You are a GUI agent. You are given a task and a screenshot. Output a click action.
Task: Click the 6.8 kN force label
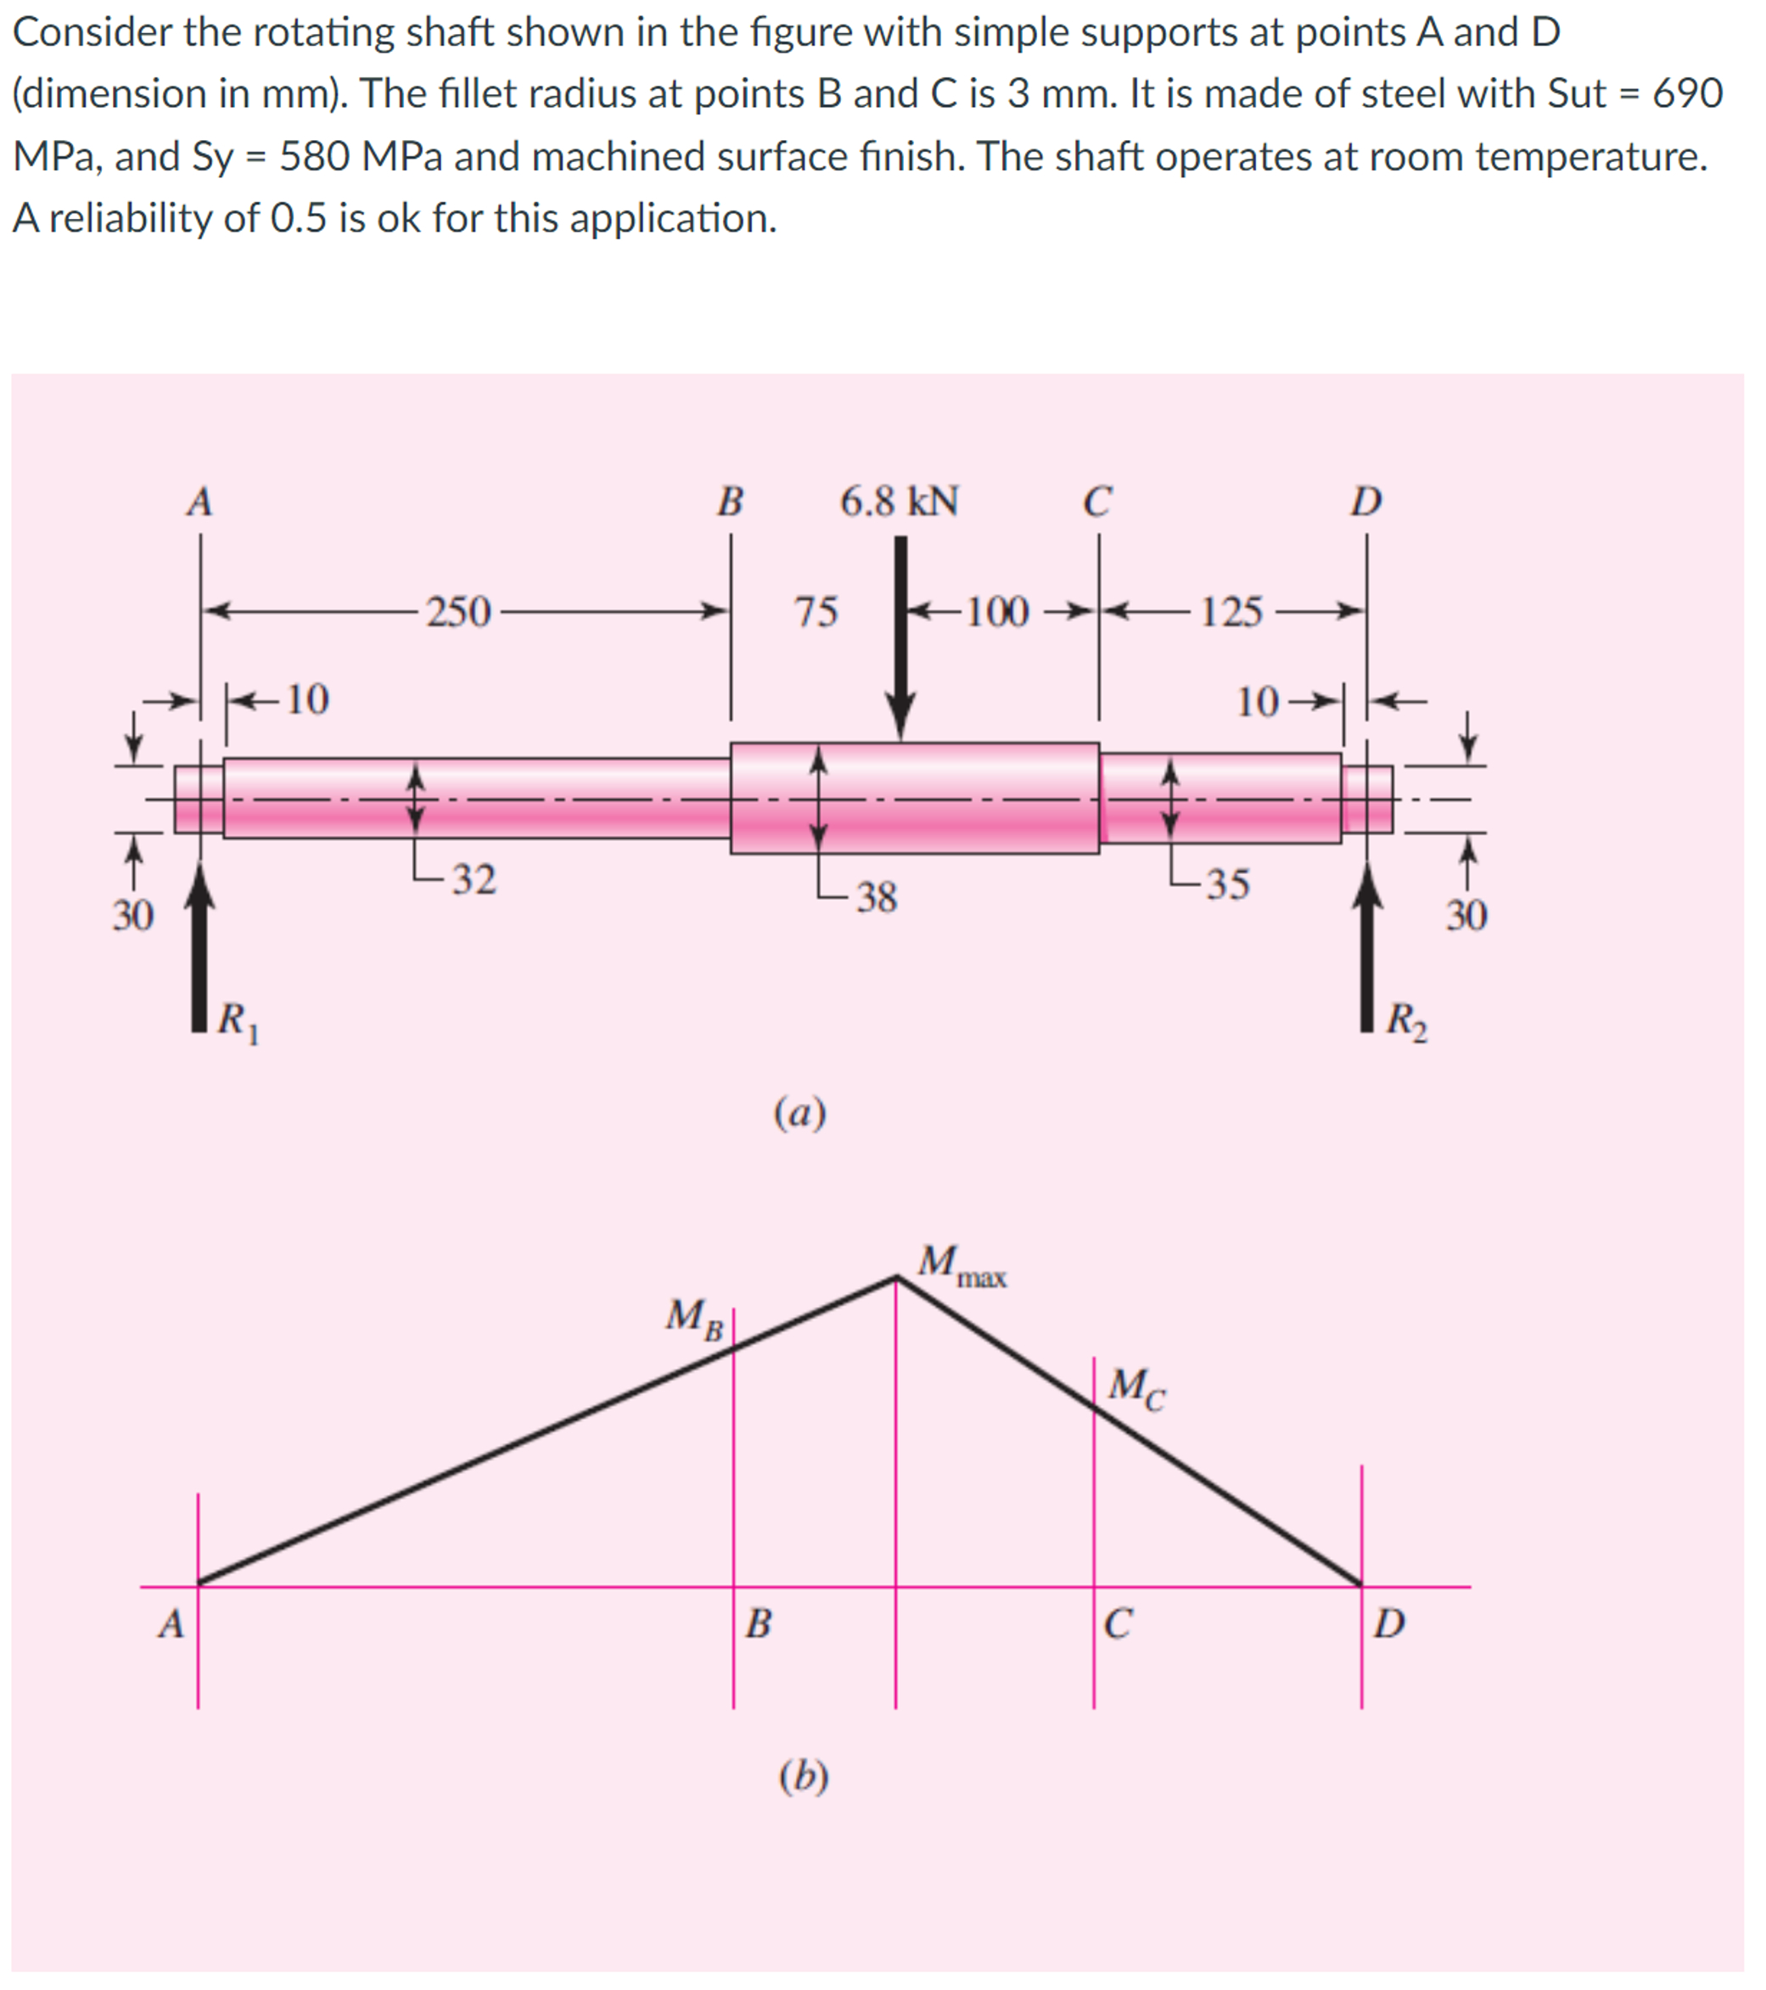900,502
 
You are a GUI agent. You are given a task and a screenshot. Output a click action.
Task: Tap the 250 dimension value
458,613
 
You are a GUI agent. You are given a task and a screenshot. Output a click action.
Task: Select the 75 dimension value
816,613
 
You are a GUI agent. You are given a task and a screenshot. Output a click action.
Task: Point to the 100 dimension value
997,613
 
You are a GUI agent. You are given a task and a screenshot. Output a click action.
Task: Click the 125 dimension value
1231,613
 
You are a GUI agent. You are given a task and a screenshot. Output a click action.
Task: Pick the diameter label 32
474,880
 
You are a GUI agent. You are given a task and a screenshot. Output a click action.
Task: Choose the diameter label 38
876,898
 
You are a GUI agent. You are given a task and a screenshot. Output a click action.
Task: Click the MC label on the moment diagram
1136,1387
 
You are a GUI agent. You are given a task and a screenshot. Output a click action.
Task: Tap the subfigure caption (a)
800,1113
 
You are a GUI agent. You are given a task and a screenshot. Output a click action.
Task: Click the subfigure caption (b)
803,1777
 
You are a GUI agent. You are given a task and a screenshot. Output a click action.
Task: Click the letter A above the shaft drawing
199,503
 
